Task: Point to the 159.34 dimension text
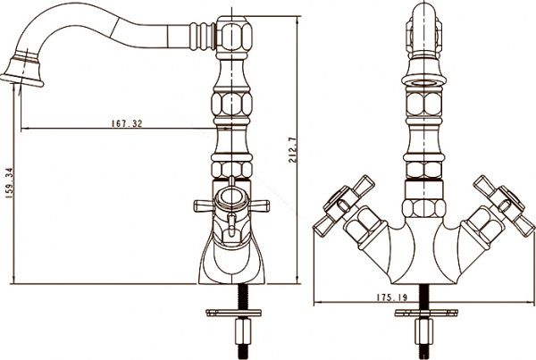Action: tap(9, 186)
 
